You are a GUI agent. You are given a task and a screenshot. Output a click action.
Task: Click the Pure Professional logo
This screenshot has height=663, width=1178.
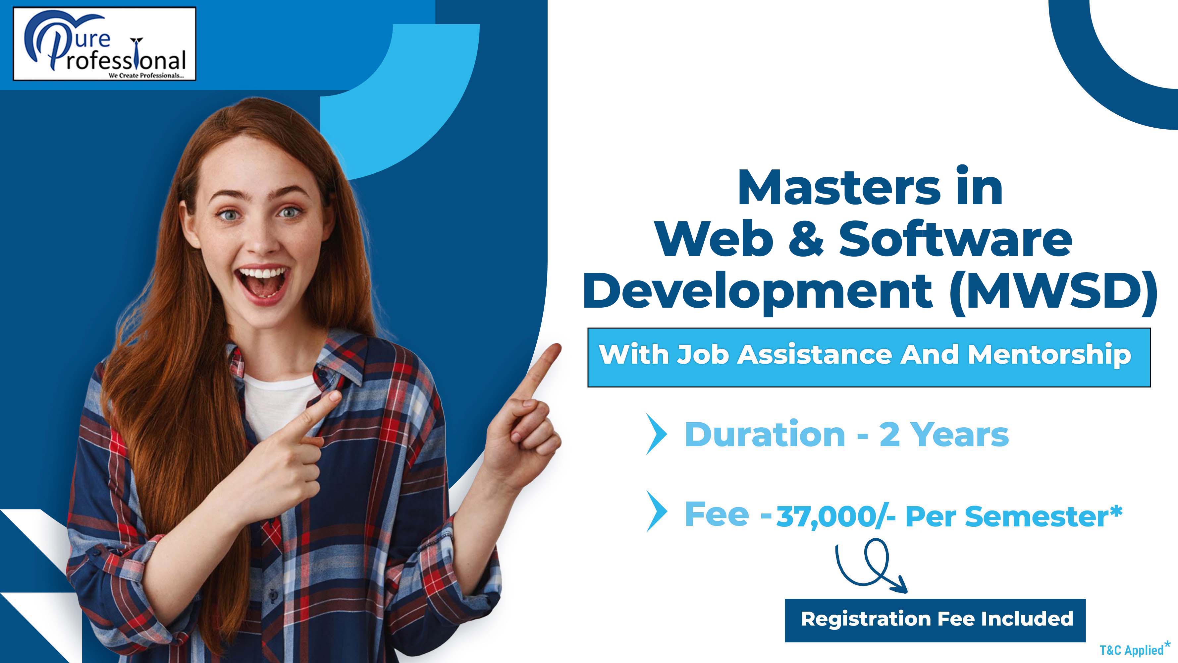[x=105, y=44]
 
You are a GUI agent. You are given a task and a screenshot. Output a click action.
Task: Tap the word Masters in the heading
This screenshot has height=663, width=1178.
[x=839, y=188]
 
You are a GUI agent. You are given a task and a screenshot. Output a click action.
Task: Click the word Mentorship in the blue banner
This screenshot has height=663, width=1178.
[x=1049, y=355]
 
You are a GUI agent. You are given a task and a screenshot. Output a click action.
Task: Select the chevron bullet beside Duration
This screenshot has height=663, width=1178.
[x=657, y=434]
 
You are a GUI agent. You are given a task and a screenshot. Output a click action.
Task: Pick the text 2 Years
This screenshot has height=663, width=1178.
[x=944, y=435]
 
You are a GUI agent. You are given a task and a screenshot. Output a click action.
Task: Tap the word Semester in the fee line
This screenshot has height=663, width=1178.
[x=1037, y=517]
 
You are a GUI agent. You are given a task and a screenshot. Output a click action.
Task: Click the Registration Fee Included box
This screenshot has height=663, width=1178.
[x=935, y=620]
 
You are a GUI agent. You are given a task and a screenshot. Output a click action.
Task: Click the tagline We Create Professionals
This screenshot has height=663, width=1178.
[x=146, y=76]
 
